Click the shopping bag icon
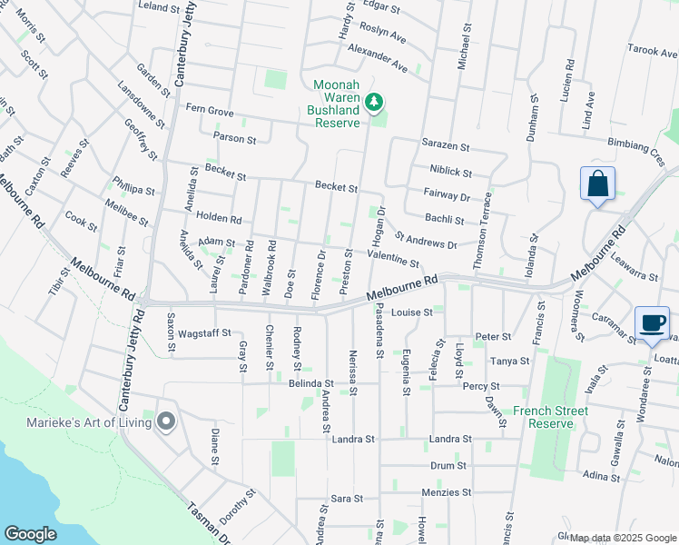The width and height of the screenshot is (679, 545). (597, 183)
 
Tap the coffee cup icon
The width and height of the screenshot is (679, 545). (653, 323)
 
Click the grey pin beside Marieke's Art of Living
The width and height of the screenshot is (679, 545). (165, 421)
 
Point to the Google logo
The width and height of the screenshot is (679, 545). (30, 534)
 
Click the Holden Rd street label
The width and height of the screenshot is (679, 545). (219, 219)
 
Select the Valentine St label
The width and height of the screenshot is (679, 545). (393, 260)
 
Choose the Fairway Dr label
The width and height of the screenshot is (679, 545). (446, 195)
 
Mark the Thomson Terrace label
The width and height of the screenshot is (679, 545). (490, 219)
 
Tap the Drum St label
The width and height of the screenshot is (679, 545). (448, 465)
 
